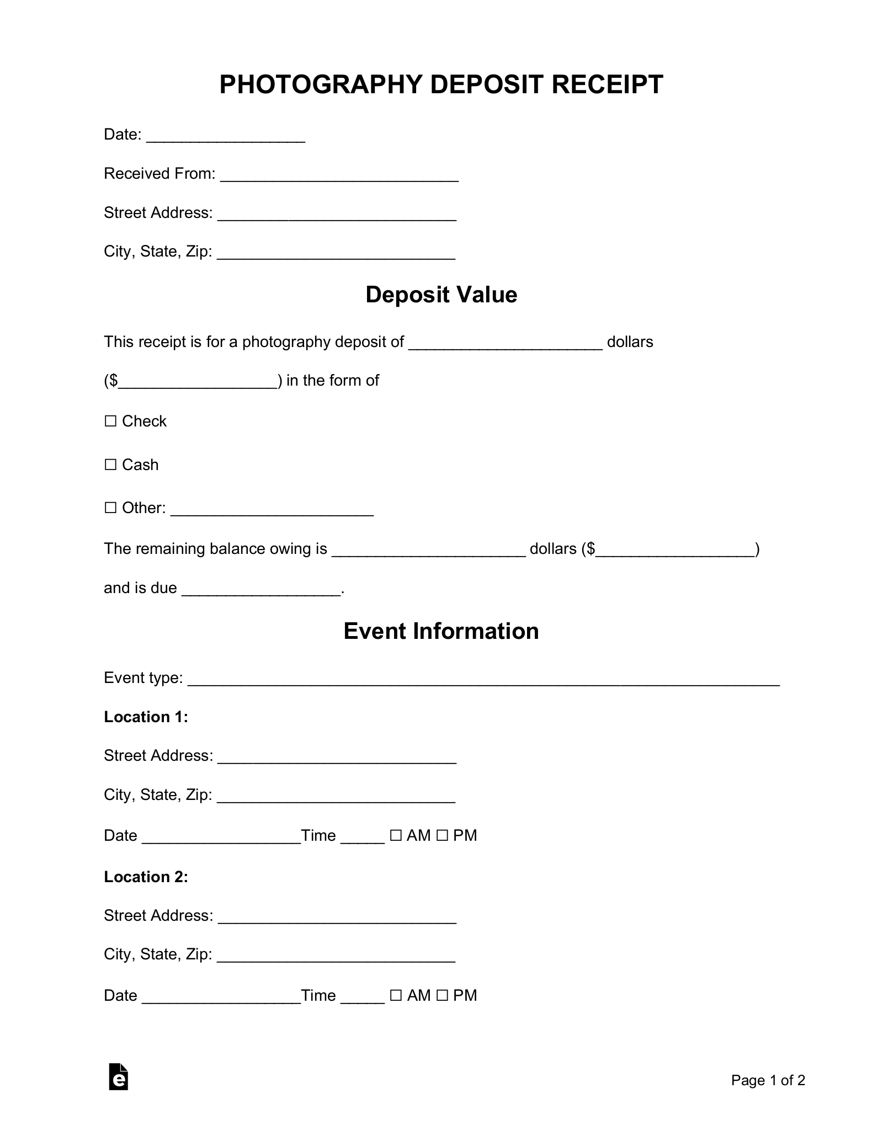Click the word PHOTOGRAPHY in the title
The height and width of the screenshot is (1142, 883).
point(320,85)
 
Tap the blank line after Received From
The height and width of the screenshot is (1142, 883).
point(339,175)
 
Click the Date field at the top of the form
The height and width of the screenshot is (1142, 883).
point(226,136)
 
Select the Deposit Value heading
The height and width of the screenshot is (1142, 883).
point(441,295)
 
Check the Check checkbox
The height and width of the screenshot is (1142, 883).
point(111,421)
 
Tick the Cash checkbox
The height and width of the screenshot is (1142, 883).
point(111,465)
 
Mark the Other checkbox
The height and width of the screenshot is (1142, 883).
point(111,508)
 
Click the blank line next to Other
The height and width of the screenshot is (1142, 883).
point(272,510)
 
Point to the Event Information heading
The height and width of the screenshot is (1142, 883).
point(441,631)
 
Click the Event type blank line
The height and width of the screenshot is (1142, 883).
point(483,680)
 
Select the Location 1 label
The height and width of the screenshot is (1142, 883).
point(146,717)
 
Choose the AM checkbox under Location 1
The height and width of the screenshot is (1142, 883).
point(396,836)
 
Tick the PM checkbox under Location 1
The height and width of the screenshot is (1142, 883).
point(442,836)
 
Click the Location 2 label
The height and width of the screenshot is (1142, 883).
point(146,877)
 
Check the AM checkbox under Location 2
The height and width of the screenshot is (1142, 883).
point(396,996)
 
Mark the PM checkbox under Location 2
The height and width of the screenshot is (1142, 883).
point(442,996)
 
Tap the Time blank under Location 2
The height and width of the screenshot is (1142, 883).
point(363,997)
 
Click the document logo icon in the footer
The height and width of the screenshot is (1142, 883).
point(119,1076)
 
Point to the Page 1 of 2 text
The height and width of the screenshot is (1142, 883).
point(768,1080)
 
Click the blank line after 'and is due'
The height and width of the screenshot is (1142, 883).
point(261,590)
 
